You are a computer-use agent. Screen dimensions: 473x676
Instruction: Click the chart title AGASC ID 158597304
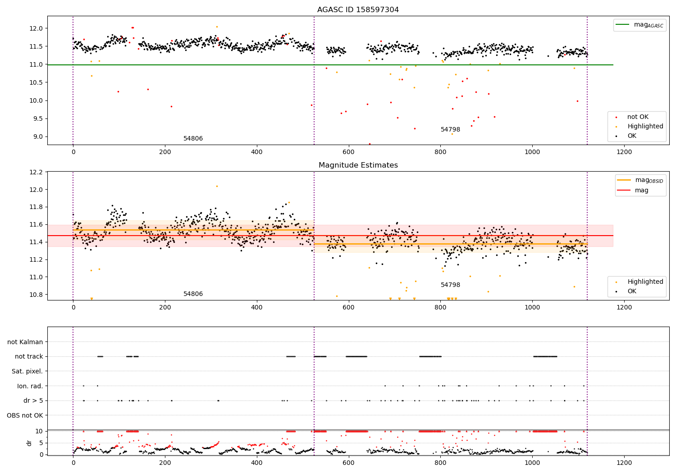tap(358, 10)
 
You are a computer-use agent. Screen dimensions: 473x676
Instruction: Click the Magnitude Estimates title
tap(358, 165)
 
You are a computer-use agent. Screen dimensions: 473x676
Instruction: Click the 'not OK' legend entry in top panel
tap(638, 117)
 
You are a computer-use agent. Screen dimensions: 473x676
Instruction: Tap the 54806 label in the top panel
tap(193, 139)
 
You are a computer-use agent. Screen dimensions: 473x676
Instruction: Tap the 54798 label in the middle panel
tap(450, 285)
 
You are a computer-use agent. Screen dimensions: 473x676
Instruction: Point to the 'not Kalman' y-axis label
tap(25, 342)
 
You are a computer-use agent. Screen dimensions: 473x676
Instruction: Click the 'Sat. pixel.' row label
tap(27, 372)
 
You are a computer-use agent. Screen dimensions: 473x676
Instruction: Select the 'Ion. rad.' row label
tap(30, 386)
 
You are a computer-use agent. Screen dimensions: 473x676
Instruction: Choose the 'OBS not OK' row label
tap(25, 415)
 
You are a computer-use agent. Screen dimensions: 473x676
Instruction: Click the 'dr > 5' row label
tap(33, 401)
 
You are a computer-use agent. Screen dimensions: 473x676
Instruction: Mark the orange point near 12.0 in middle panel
tap(217, 186)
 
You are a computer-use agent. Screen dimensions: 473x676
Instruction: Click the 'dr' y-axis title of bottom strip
tap(29, 443)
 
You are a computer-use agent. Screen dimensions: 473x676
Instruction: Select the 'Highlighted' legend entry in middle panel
tap(645, 282)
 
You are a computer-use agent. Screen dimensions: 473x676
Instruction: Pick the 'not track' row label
tap(29, 357)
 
